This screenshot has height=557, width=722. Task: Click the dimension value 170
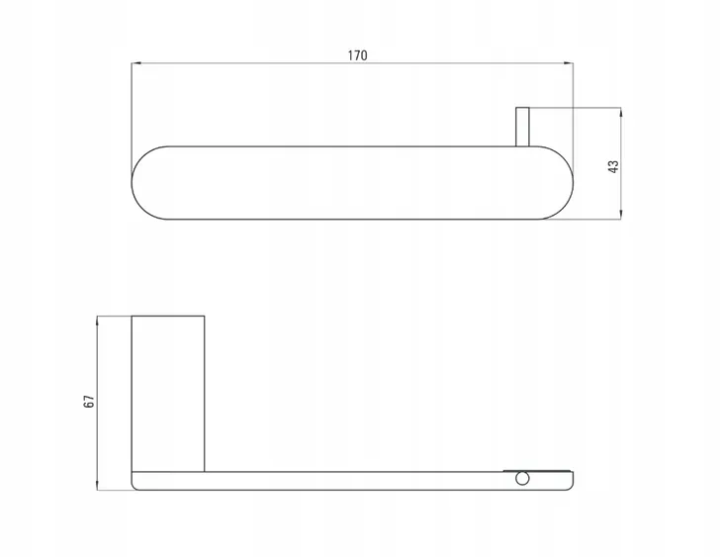coord(357,55)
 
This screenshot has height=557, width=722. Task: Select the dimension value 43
coord(614,167)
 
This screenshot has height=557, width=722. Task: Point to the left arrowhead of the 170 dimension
coord(135,63)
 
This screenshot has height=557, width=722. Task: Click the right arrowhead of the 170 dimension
coord(570,63)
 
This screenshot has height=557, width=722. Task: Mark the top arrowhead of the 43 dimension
coord(621,112)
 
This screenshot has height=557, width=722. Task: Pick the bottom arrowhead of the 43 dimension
coord(621,215)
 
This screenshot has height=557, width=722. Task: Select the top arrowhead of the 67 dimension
coord(97,320)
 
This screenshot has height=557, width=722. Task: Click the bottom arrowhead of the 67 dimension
coord(97,486)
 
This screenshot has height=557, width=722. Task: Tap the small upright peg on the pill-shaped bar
coord(522,128)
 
